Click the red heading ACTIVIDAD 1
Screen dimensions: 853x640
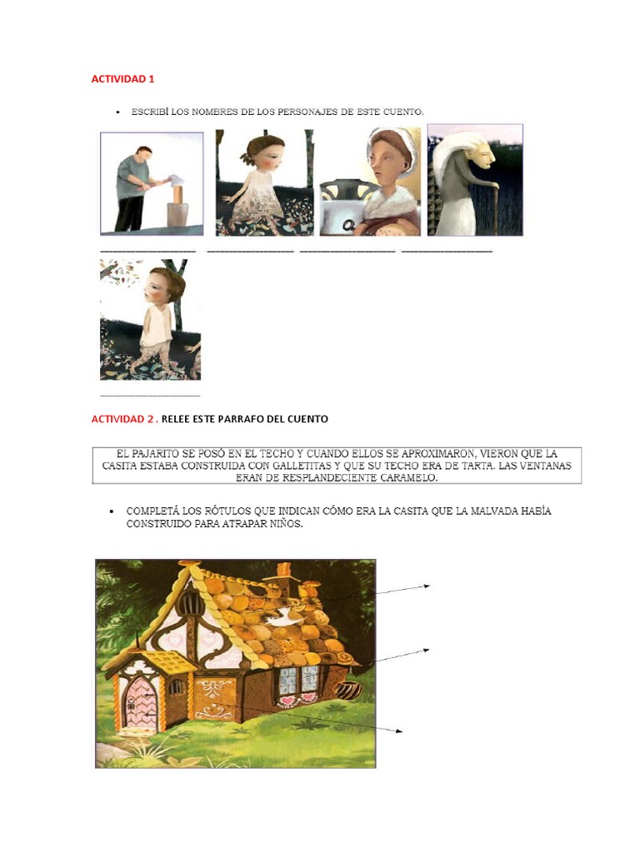click(122, 79)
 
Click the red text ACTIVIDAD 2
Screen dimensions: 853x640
click(122, 419)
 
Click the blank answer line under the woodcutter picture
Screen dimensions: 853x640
click(148, 251)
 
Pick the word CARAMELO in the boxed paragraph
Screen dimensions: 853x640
click(407, 479)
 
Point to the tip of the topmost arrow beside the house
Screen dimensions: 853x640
click(429, 586)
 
